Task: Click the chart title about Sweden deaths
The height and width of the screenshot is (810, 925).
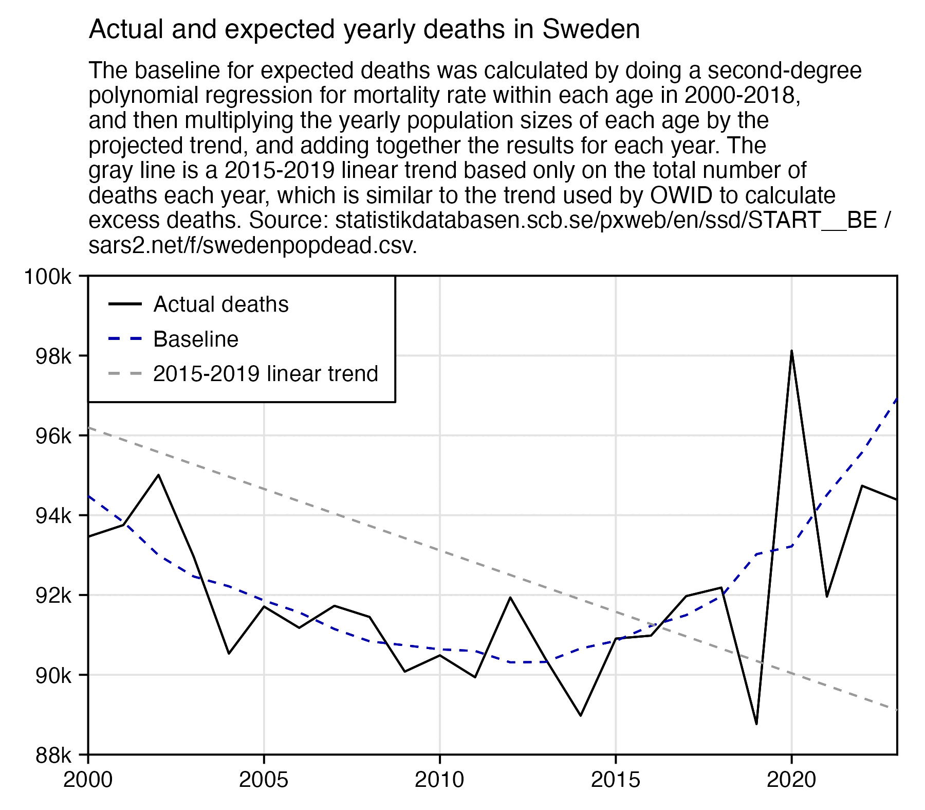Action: pos(364,29)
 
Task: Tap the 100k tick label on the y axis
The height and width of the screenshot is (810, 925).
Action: pos(48,277)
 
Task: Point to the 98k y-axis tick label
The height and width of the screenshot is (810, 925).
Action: pos(53,356)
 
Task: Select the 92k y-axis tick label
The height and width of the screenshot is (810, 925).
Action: pos(53,596)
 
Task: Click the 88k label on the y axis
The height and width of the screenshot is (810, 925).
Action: pos(53,755)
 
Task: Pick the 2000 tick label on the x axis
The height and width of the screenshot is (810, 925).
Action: pos(88,780)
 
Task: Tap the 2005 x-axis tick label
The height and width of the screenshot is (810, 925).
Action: pos(264,780)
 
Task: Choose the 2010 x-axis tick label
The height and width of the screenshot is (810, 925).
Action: pos(439,780)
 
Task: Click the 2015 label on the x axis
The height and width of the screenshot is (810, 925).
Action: pos(616,780)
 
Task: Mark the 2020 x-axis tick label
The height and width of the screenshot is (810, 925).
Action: pos(791,780)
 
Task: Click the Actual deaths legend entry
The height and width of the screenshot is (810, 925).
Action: pos(221,304)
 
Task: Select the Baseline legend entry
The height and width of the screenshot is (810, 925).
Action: pos(196,339)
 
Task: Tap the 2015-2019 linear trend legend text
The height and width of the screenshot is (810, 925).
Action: pos(266,374)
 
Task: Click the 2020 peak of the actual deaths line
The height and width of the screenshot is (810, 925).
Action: pos(791,351)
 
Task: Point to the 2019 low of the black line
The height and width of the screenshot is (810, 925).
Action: pos(756,724)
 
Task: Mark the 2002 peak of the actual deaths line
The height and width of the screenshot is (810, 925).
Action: pos(158,475)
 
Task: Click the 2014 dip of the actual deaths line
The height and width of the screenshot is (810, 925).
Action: pos(581,715)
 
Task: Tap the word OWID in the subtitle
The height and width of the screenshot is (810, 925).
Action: pos(681,195)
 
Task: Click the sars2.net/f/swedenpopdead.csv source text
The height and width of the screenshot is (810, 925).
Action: pos(252,246)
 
